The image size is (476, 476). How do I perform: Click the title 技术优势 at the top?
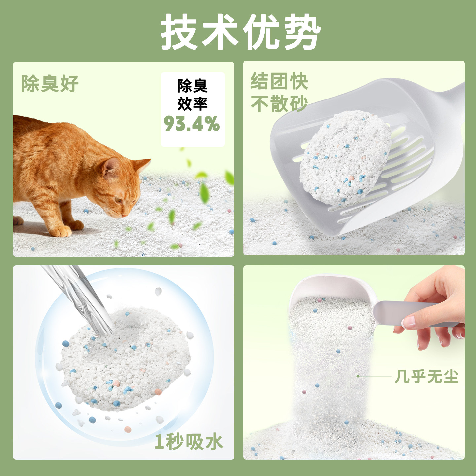(x=241, y=31)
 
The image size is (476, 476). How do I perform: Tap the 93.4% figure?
(x=192, y=124)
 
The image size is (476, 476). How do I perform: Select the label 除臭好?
(x=50, y=84)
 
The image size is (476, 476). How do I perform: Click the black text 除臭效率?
(x=192, y=95)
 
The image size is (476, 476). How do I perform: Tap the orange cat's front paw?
(x=60, y=231)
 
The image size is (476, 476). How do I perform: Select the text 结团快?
(x=279, y=81)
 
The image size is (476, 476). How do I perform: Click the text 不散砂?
(x=279, y=104)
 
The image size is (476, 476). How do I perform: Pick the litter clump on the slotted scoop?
(x=345, y=158)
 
